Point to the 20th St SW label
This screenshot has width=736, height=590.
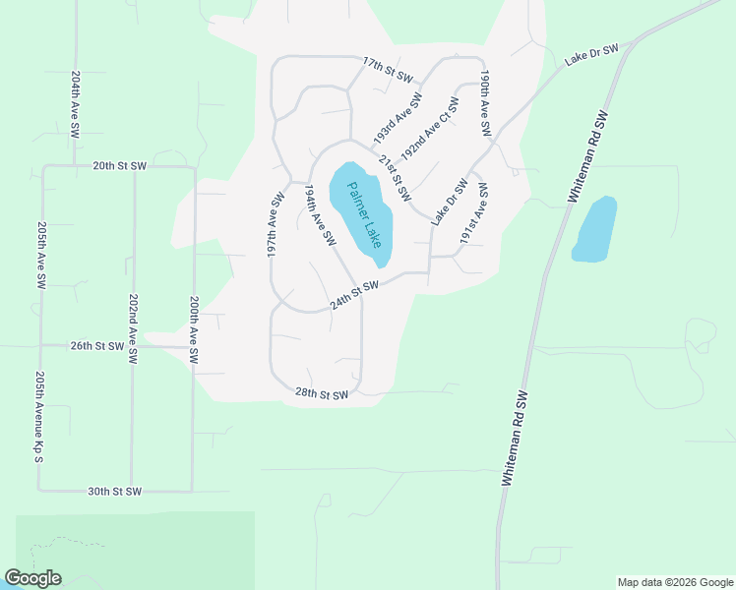point(119,166)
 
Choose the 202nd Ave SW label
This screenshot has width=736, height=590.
point(133,328)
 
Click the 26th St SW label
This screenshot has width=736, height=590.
point(96,346)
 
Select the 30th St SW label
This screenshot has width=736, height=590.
point(114,491)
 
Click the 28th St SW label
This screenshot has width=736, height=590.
point(322,394)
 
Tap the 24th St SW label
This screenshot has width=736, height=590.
point(354,294)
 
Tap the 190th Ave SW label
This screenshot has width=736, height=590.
point(485,102)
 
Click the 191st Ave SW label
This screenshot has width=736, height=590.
point(474,211)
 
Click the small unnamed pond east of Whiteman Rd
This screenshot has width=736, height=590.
point(593,229)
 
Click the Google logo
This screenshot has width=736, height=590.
point(33,578)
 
